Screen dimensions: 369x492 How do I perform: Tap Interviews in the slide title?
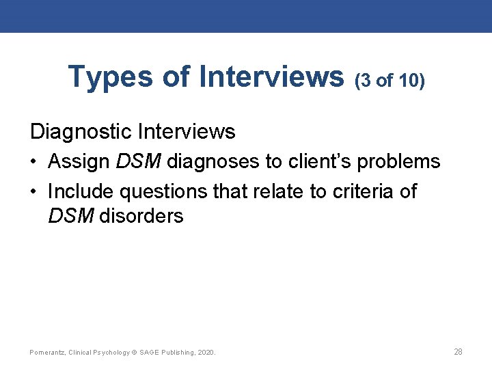tap(271, 77)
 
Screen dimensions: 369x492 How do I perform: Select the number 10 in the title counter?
tap(408, 81)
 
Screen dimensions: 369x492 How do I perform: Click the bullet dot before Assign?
tap(34, 162)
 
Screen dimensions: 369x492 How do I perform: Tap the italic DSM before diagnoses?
tap(139, 161)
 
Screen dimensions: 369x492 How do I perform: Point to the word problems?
tap(399, 162)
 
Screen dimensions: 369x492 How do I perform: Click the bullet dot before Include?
tap(34, 192)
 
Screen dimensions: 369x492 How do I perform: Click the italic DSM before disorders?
tap(71, 216)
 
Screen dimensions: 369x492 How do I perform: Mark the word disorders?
tap(141, 216)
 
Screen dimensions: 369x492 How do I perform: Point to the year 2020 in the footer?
tap(205, 353)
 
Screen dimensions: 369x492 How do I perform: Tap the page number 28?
tap(458, 352)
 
